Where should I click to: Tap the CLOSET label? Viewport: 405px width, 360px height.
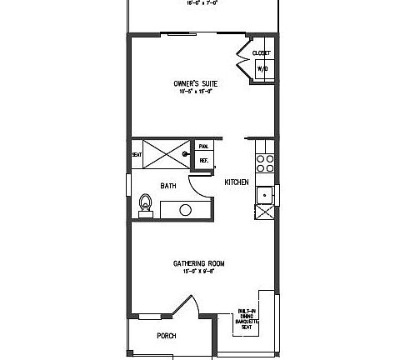pyautogui.click(x=261, y=53)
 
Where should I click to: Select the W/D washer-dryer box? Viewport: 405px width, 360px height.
pyautogui.click(x=261, y=68)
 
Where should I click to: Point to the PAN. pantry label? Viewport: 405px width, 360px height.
pyautogui.click(x=202, y=146)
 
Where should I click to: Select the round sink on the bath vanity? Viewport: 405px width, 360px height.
pyautogui.click(x=185, y=209)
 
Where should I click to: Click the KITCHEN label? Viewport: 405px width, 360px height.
pyautogui.click(x=236, y=182)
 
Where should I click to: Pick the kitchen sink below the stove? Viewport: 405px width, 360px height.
pyautogui.click(x=265, y=192)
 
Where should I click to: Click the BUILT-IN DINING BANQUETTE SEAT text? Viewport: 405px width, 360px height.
pyautogui.click(x=247, y=317)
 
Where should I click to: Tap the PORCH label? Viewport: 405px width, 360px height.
pyautogui.click(x=167, y=336)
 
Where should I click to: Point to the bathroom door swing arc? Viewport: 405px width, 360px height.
pyautogui.click(x=197, y=171)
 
